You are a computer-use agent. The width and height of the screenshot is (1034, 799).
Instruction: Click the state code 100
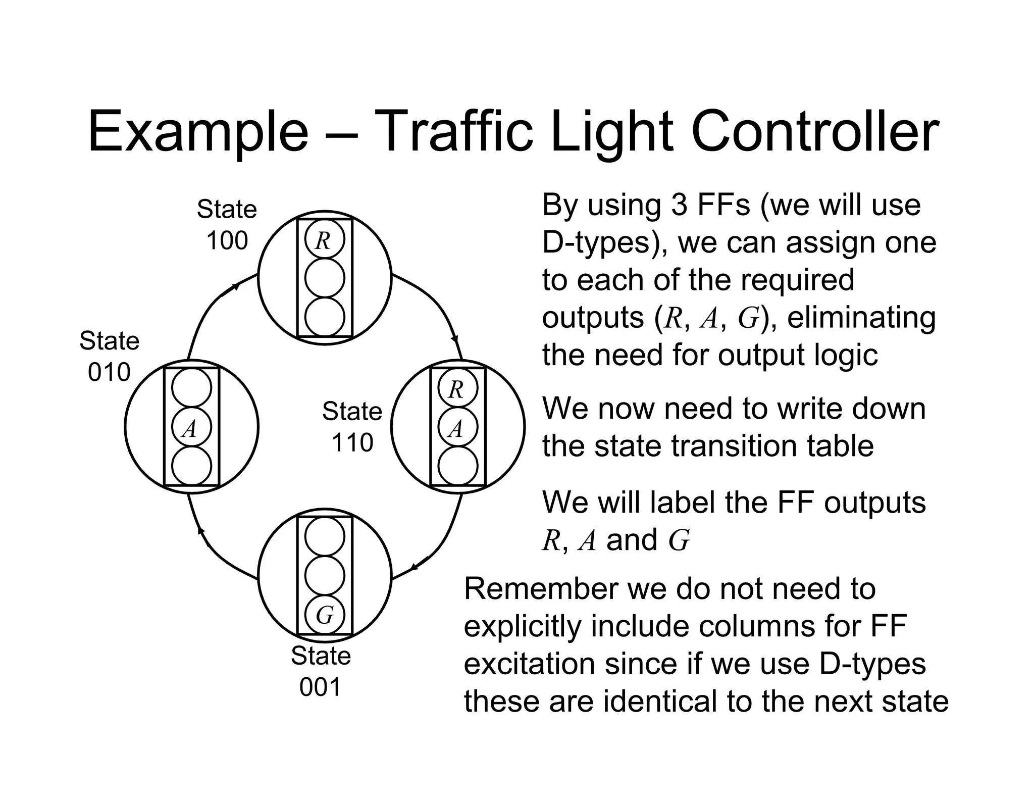click(227, 241)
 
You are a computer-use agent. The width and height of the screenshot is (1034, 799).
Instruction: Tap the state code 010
click(109, 373)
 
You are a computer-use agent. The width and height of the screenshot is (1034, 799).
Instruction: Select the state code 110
click(352, 443)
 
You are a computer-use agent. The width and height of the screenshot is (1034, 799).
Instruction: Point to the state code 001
click(321, 687)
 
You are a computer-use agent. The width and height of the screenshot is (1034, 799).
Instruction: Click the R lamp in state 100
click(325, 239)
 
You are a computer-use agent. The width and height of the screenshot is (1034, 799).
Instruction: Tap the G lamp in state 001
click(325, 615)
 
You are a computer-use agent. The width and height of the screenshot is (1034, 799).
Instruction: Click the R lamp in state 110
click(457, 388)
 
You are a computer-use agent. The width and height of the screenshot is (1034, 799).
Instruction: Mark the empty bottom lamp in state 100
click(325, 317)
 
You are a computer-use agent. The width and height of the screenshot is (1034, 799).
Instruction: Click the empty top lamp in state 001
click(325, 536)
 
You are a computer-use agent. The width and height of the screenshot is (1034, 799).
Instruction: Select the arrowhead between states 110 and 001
click(415, 567)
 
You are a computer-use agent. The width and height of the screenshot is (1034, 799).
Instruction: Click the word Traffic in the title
click(453, 132)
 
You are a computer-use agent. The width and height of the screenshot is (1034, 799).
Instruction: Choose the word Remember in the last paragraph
click(540, 589)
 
